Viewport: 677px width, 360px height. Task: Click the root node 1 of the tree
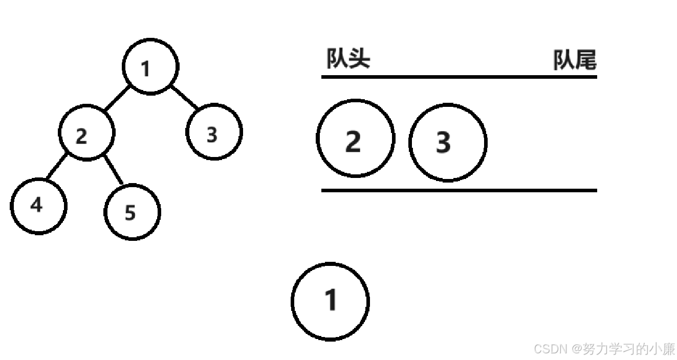(x=150, y=67)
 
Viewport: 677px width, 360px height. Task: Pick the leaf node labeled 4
(x=38, y=206)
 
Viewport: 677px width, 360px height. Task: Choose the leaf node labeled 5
(x=132, y=212)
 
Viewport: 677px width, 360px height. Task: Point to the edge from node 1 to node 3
(x=184, y=98)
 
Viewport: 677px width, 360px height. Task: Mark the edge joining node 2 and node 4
(x=56, y=166)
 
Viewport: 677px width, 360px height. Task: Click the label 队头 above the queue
(x=348, y=59)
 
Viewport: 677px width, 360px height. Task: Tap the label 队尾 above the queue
(x=575, y=61)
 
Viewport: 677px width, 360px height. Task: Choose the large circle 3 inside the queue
(x=448, y=142)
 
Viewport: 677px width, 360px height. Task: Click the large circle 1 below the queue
(x=330, y=301)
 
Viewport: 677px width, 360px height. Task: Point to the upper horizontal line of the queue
(x=459, y=77)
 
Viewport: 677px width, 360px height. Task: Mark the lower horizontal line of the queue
(x=459, y=190)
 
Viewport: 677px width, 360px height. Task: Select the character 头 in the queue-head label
(x=359, y=59)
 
